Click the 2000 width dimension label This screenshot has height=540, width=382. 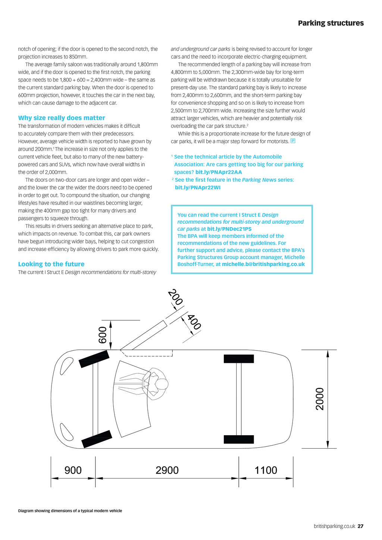[320, 399]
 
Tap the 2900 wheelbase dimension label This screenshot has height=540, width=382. [167, 470]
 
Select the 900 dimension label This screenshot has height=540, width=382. [73, 470]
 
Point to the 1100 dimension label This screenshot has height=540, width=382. [266, 470]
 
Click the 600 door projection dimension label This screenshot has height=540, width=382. [103, 335]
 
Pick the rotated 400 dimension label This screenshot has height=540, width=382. [194, 322]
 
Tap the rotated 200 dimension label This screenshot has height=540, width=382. [175, 297]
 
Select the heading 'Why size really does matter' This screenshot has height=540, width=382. [62, 118]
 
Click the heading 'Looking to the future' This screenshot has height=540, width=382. [51, 264]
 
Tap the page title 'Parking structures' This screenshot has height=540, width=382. [331, 23]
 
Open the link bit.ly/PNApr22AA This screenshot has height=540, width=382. [219, 172]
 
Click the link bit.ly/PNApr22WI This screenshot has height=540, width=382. [198, 188]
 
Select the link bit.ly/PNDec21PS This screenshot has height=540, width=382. [229, 229]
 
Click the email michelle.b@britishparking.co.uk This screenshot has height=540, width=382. [263, 264]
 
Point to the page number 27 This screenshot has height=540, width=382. [360, 526]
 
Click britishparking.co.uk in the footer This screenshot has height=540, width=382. [334, 526]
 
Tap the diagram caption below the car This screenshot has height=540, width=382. [70, 511]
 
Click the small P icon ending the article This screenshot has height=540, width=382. [293, 141]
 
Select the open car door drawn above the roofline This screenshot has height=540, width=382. [144, 335]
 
